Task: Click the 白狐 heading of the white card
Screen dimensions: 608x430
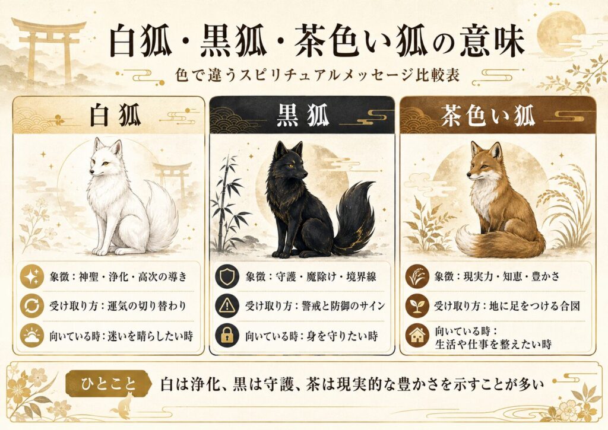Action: point(115,115)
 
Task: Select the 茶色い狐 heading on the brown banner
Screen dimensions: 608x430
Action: point(488,115)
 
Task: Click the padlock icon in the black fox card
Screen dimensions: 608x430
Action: point(227,336)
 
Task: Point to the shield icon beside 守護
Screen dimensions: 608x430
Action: point(227,276)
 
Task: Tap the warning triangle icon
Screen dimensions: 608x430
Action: point(227,305)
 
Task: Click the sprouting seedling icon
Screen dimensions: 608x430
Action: point(417,305)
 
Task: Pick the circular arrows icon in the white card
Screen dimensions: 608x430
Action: point(32,306)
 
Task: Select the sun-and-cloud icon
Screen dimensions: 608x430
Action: point(32,336)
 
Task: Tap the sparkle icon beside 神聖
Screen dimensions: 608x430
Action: point(32,276)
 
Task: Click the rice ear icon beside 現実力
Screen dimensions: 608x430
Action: point(417,276)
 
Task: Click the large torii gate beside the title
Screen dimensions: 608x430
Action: point(49,49)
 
